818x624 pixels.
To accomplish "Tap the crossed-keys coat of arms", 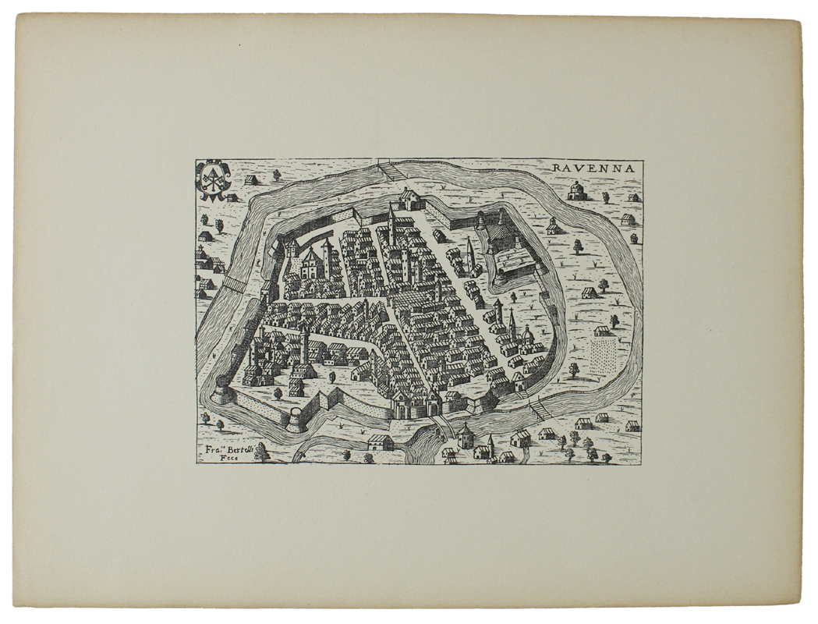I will pos(212,179).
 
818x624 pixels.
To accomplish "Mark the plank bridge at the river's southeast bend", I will pos(539,409).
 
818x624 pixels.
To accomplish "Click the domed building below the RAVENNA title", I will pos(577,191).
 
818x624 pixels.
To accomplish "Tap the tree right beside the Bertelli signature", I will pos(263,451).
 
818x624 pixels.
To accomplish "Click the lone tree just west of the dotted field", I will pos(573,369).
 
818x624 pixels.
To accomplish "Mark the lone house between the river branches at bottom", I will pos(381,442).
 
